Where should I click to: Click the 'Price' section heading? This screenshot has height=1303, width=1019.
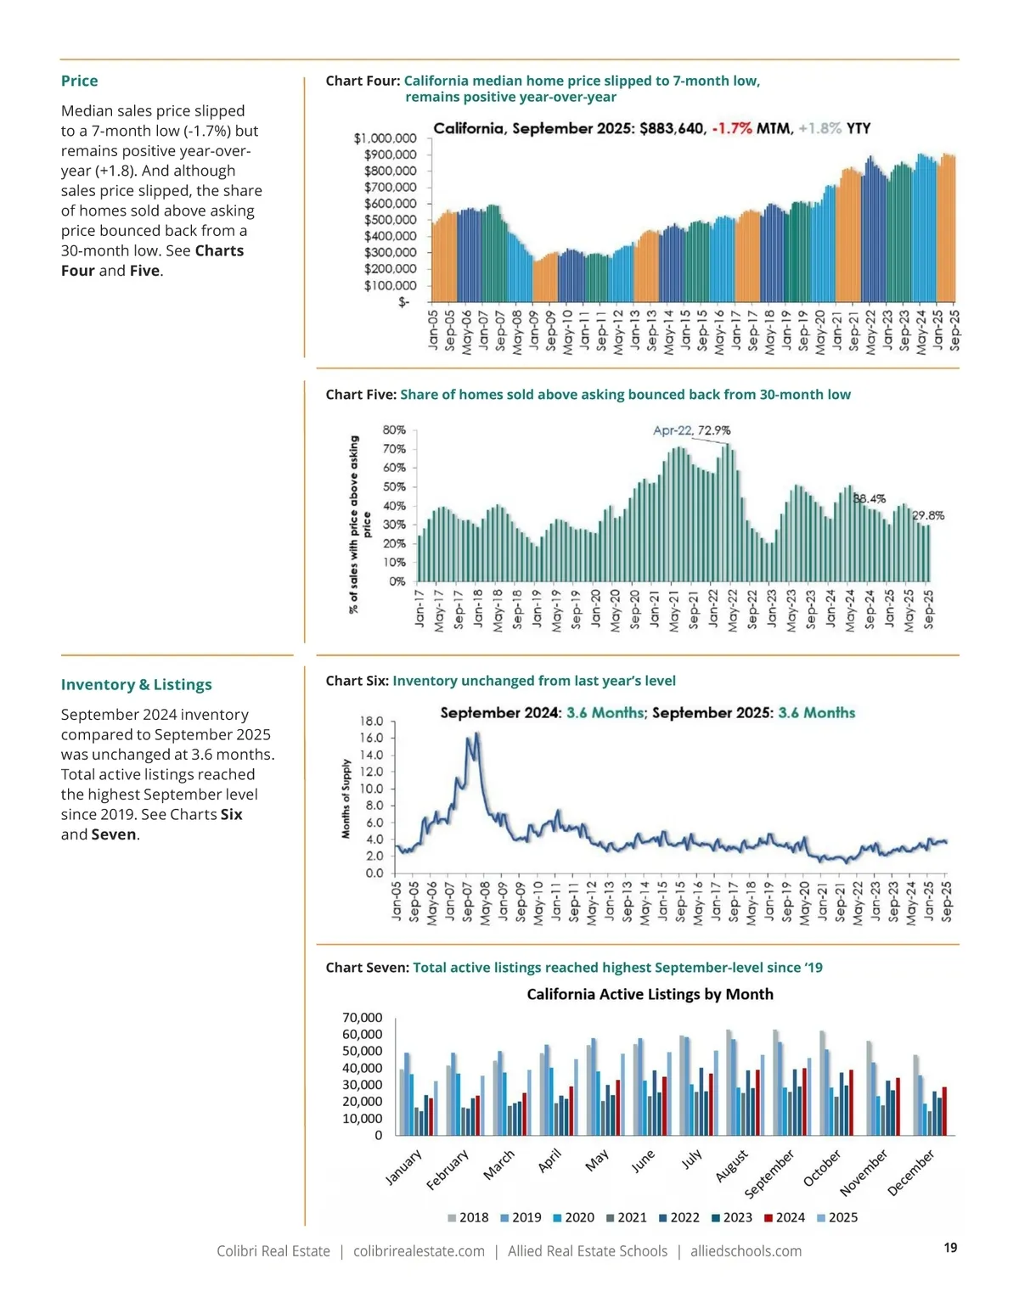(79, 81)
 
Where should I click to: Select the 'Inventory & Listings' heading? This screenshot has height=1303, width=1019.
(136, 684)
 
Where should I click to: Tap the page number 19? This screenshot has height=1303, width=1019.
(950, 1247)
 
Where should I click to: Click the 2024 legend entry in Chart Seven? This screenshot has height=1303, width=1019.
(784, 1217)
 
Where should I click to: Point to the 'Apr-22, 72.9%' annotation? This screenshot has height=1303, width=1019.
(691, 430)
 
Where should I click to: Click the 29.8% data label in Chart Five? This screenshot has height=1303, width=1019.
(928, 515)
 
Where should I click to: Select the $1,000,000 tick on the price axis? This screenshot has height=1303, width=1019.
(385, 138)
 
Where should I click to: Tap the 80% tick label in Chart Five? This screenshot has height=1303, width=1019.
(394, 430)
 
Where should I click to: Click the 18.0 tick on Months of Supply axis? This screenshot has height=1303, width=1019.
(373, 722)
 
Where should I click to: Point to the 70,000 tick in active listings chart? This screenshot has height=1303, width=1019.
(362, 1018)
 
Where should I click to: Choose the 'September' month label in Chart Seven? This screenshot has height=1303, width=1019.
(769, 1172)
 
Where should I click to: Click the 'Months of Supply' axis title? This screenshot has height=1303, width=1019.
(346, 799)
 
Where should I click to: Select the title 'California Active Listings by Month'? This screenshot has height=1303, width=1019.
(650, 994)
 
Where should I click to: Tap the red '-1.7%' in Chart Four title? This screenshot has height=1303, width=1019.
(731, 128)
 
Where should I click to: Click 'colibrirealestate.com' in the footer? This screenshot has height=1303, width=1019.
(419, 1251)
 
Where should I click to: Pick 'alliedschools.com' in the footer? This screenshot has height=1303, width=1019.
(746, 1251)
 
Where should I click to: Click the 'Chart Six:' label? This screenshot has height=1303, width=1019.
(357, 681)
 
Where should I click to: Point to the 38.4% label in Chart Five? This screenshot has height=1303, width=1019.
(869, 499)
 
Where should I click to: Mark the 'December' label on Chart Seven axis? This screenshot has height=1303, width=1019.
(910, 1172)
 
